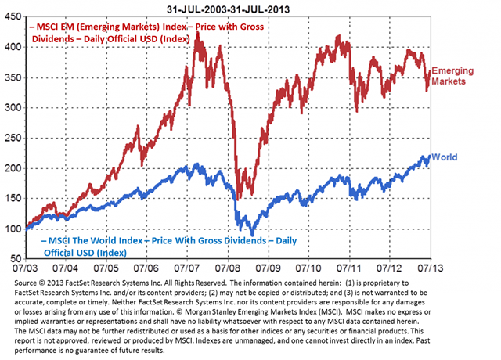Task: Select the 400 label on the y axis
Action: [x=14, y=47]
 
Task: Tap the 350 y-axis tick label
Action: [x=14, y=77]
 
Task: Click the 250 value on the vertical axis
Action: [x=14, y=138]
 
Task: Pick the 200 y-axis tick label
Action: [x=14, y=168]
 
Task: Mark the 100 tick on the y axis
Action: [x=14, y=229]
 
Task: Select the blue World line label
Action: [x=445, y=157]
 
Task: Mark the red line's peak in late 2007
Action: [x=196, y=33]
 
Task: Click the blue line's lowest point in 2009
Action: [x=252, y=236]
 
